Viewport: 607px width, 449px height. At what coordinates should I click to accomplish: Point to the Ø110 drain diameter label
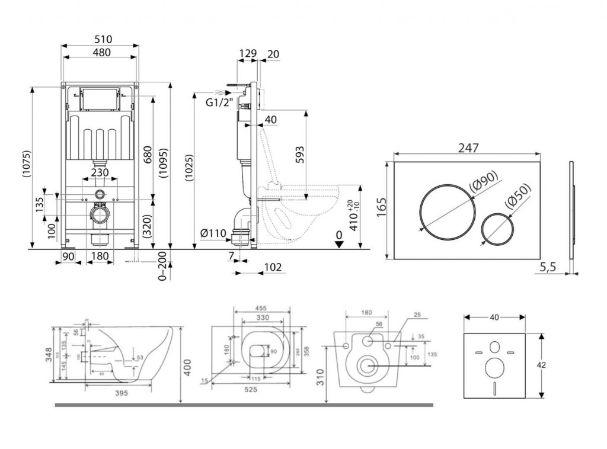(213, 233)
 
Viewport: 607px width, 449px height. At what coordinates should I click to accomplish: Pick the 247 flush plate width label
(467, 148)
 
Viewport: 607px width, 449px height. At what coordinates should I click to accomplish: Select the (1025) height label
(188, 171)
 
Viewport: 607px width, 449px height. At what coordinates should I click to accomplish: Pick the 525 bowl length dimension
(249, 390)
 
